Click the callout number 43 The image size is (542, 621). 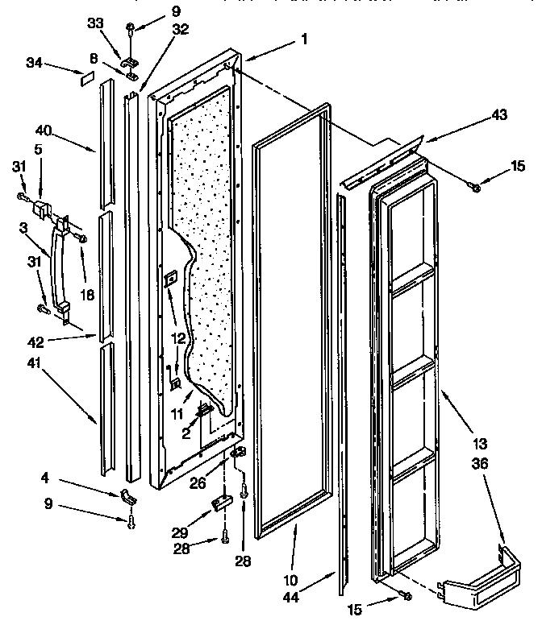pyautogui.click(x=499, y=116)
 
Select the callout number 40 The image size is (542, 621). pyautogui.click(x=44, y=130)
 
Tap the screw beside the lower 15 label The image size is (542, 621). pyautogui.click(x=405, y=595)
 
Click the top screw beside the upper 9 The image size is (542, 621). pyautogui.click(x=130, y=31)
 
